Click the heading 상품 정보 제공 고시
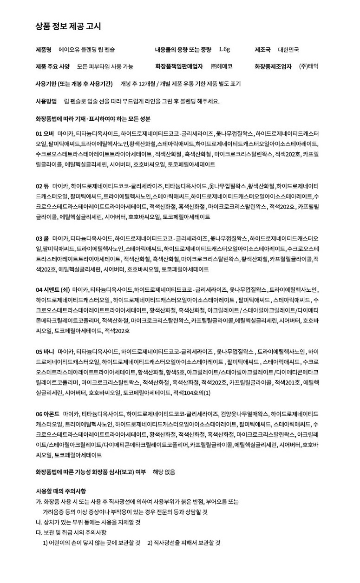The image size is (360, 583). pyautogui.click(x=68, y=26)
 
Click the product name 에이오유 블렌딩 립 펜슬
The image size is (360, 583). pyautogui.click(x=87, y=49)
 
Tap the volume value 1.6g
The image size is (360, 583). pyautogui.click(x=224, y=49)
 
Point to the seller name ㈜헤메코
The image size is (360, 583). pyautogui.click(x=221, y=66)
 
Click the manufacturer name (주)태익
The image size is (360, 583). pyautogui.click(x=309, y=66)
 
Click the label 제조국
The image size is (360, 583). pyautogui.click(x=262, y=49)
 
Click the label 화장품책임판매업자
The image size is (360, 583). pyautogui.click(x=179, y=66)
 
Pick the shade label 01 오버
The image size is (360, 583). pyautogui.click(x=45, y=133)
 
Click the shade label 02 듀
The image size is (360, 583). pyautogui.click(x=42, y=186)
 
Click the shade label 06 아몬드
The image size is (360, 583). pyautogui.click(x=47, y=413)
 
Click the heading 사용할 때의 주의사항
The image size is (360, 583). pyautogui.click(x=60, y=491)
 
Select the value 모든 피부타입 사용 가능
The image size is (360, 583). pyautogui.click(x=105, y=66)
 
